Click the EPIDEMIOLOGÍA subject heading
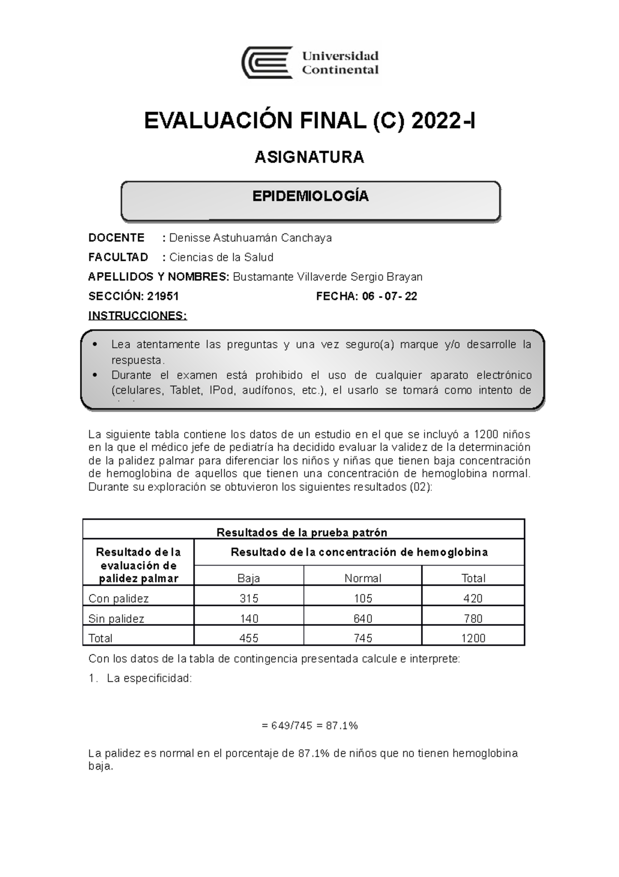point(310,196)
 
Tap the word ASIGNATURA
point(309,157)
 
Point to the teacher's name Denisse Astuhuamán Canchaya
point(250,238)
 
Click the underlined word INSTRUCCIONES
point(137,316)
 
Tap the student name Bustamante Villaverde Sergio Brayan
point(328,277)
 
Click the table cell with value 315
point(249,599)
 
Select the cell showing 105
point(363,599)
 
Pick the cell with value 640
point(363,619)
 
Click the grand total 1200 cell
point(473,638)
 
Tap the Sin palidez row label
point(116,619)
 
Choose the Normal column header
point(363,578)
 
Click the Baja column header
point(249,578)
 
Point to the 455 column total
point(249,638)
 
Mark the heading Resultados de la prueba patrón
point(302,532)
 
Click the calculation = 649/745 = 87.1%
point(309,726)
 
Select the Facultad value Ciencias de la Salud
point(221,257)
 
